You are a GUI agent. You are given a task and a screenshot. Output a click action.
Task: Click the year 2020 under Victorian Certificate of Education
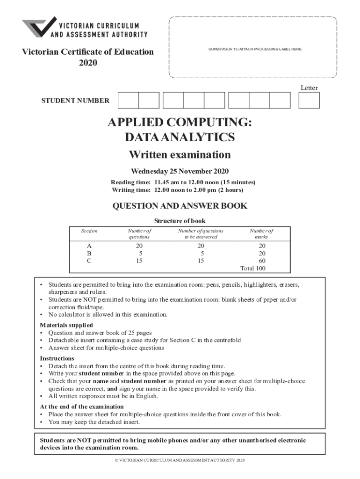click(88, 63)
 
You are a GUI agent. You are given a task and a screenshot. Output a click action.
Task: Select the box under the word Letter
click(309, 100)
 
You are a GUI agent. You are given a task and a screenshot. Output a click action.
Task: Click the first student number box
click(128, 100)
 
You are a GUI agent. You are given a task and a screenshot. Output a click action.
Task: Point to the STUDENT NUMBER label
click(76, 101)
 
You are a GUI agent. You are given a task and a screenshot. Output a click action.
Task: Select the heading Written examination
click(180, 154)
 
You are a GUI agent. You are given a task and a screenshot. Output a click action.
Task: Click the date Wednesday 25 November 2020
click(180, 171)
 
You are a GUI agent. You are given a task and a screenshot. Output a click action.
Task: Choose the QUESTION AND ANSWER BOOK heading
click(180, 206)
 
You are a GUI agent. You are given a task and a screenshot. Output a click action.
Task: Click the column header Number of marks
click(261, 234)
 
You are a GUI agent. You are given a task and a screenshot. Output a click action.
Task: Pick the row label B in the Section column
click(89, 253)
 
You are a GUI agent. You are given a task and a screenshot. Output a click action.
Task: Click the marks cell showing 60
click(262, 261)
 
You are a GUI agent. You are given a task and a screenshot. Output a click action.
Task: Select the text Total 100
click(252, 268)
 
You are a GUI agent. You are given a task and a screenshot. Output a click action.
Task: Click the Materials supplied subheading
click(66, 325)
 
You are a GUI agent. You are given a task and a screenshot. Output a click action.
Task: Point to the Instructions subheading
click(57, 358)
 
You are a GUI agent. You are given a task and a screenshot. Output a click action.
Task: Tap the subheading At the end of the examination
click(82, 406)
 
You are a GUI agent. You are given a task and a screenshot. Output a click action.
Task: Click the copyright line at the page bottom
click(180, 460)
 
